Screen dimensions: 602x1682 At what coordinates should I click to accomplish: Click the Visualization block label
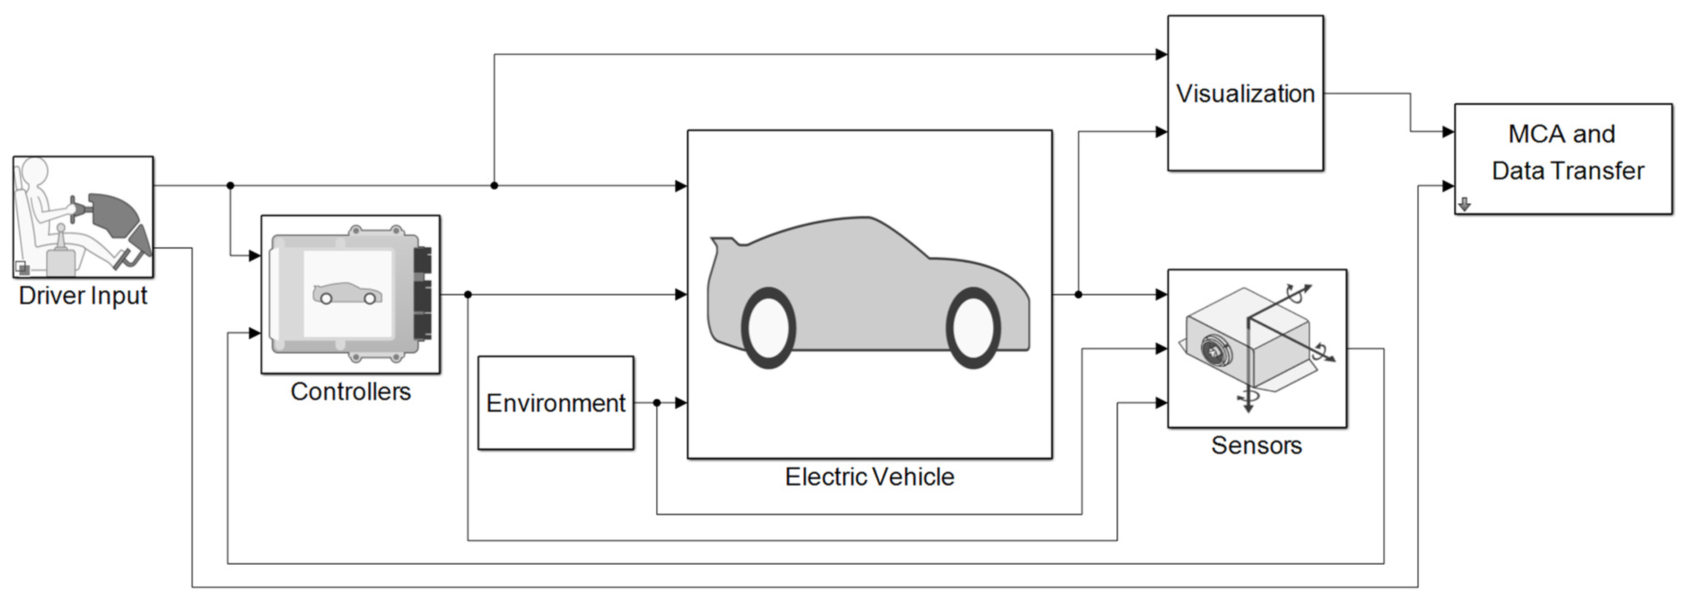point(1245,93)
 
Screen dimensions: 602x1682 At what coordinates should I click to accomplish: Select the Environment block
point(556,403)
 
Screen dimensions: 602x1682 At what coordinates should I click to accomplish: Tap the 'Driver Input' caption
point(83,296)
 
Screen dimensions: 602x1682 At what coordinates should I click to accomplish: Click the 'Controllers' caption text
point(351,392)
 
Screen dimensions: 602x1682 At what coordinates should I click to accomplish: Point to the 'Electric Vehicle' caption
point(869,477)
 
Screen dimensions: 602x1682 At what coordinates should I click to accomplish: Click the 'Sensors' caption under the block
point(1256,445)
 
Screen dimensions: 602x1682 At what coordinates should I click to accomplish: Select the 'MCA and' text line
point(1561,134)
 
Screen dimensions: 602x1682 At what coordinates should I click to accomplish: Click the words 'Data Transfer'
point(1568,171)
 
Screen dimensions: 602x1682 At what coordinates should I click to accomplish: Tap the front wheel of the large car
point(973,328)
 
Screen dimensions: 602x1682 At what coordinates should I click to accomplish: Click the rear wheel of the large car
point(768,328)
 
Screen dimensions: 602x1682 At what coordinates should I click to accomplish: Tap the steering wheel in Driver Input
point(74,209)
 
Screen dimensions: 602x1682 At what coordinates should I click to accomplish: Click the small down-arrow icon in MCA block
point(1464,205)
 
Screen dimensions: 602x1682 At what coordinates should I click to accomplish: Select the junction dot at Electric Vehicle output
point(1078,294)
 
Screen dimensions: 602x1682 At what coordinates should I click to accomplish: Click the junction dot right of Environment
point(656,403)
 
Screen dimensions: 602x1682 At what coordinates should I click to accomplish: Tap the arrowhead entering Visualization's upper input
point(1161,54)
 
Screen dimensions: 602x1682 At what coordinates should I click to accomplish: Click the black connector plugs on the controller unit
point(423,294)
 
